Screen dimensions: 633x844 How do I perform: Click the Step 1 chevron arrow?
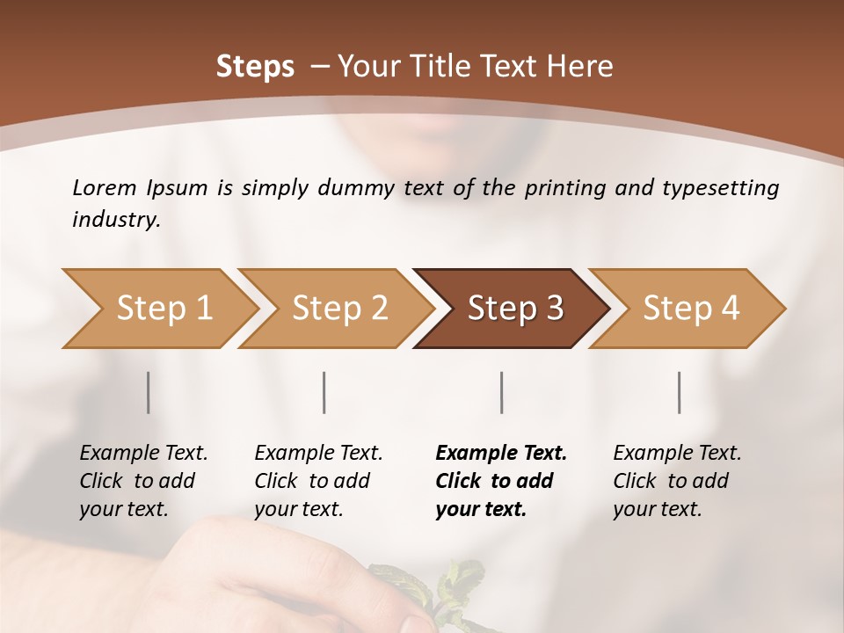(158, 309)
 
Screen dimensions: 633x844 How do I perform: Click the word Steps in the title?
(255, 67)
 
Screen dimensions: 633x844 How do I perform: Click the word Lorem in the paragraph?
(105, 187)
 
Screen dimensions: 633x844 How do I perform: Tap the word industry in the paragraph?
(115, 220)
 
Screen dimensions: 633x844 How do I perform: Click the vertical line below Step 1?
(149, 392)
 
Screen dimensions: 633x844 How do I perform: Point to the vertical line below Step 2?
(324, 392)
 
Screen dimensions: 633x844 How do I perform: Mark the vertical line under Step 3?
(501, 392)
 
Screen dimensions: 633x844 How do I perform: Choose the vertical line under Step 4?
(679, 392)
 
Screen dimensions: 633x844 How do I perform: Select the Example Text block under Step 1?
(143, 481)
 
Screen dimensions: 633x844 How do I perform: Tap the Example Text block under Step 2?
(318, 481)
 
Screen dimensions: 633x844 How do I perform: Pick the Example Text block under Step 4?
(677, 481)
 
